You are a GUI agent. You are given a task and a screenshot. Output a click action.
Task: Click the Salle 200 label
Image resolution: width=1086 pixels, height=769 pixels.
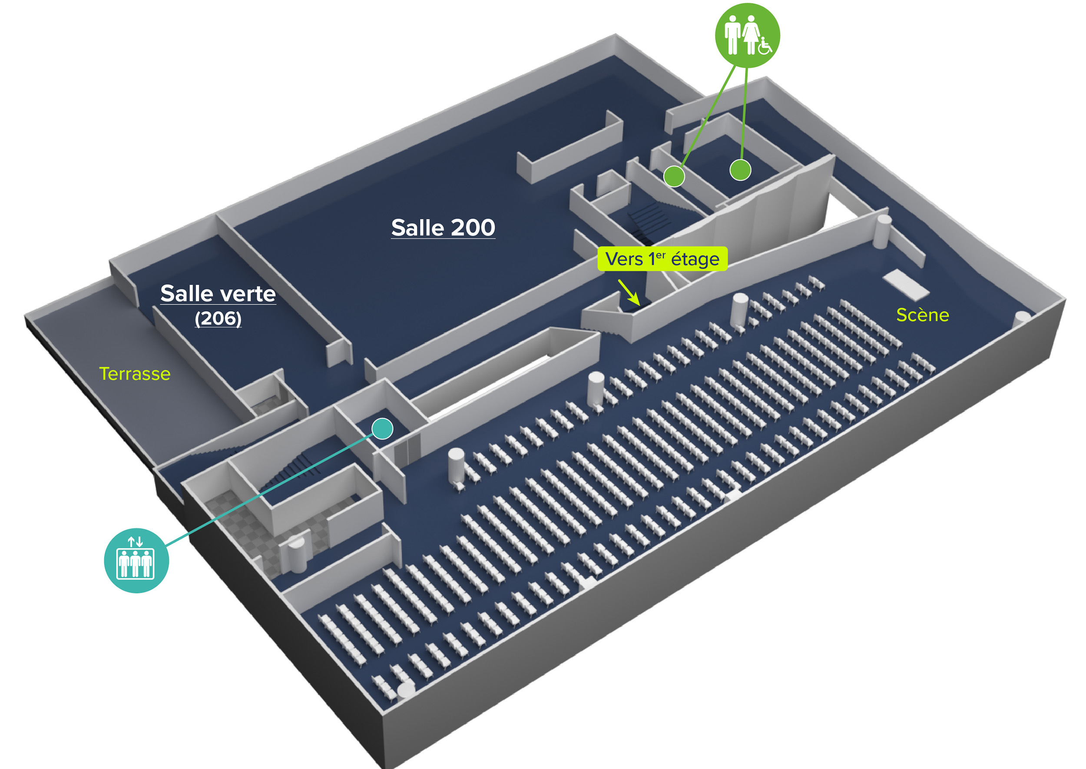pos(443,228)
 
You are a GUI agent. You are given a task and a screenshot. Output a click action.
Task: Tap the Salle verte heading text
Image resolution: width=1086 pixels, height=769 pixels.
pos(218,294)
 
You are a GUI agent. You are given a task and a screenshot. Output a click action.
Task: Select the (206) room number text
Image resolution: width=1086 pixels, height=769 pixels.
pos(218,318)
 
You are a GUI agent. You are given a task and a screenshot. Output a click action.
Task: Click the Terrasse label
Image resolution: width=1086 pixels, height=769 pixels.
pos(135,374)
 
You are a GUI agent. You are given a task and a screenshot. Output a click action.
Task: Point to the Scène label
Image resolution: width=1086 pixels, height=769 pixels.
pos(922,315)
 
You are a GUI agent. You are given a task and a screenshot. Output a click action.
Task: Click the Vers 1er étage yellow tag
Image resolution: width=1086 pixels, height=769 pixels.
pos(662,259)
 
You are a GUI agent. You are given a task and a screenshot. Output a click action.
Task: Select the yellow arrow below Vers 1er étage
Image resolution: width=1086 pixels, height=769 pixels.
pos(629,292)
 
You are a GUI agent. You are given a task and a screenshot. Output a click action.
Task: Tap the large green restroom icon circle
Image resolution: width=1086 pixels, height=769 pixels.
pos(747,35)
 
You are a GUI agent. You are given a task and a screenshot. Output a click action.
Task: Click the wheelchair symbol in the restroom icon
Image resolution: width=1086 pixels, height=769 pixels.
pos(765,46)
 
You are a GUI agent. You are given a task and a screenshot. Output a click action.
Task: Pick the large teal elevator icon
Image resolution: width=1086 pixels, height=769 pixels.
pos(136,560)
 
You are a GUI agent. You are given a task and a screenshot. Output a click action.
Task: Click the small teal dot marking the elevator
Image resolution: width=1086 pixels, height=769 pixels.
pos(382,429)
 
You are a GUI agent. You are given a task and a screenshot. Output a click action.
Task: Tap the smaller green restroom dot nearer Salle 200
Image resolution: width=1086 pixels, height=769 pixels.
pos(674,176)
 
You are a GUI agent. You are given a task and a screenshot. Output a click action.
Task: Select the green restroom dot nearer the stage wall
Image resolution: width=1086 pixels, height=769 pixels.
pos(740,170)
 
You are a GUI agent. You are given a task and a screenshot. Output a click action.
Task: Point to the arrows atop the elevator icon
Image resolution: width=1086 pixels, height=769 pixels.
pos(136,542)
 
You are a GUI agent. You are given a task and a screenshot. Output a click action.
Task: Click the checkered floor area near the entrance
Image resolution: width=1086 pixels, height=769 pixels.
pos(246,526)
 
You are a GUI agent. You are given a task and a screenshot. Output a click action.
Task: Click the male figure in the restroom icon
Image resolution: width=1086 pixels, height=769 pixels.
pos(732,34)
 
